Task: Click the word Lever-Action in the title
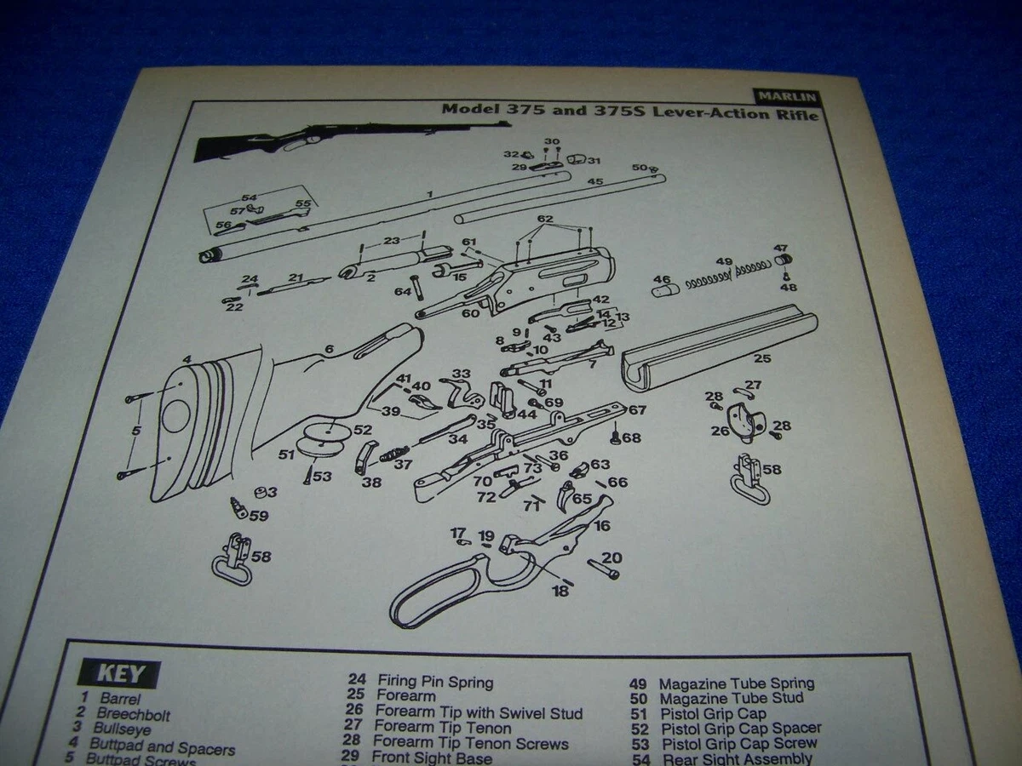(703, 113)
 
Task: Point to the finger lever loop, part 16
(443, 587)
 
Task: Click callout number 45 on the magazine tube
(594, 182)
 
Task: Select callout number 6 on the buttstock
(329, 349)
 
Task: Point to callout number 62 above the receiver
(546, 219)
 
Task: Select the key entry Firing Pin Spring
(434, 682)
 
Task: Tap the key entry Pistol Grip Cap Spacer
(740, 729)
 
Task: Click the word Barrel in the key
(120, 700)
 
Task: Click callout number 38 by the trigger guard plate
(371, 482)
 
